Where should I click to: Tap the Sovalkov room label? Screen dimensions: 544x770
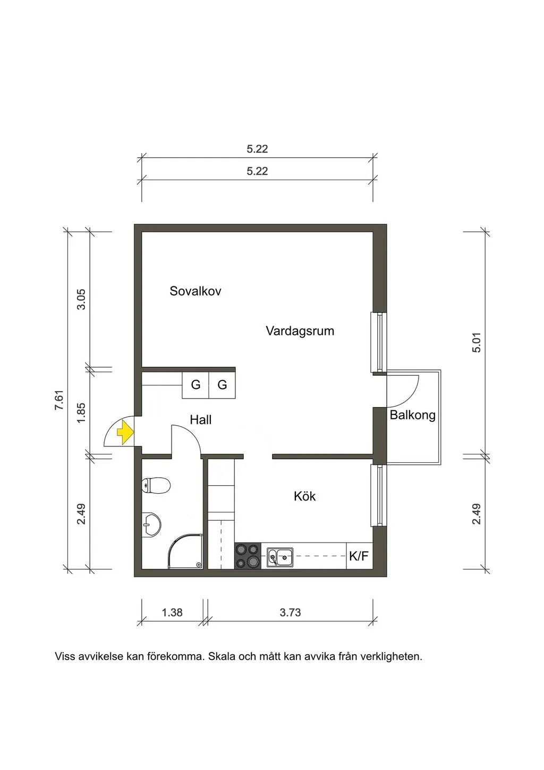coord(195,291)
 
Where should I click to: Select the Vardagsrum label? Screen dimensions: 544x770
coord(300,331)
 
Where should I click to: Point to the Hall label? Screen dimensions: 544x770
coord(201,420)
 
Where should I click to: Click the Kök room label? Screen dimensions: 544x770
coord(304,496)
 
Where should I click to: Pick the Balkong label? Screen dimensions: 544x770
coord(412,415)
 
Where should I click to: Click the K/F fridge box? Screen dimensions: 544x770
coord(360,556)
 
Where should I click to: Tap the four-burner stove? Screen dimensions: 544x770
coord(248,556)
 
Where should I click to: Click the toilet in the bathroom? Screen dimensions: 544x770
coord(156,486)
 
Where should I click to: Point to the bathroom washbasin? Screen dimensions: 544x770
coord(151,524)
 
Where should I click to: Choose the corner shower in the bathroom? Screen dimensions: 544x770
coord(185,551)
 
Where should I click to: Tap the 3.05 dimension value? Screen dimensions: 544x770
coord(81,300)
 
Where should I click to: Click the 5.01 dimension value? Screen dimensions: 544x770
coord(477,343)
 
